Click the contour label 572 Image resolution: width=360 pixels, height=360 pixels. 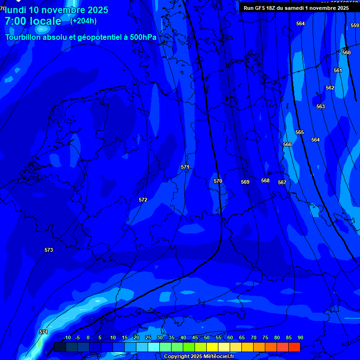click(x=143, y=200)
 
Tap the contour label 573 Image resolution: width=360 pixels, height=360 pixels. click(x=49, y=250)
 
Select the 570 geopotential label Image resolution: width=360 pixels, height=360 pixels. click(x=218, y=181)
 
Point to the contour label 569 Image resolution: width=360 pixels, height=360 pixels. click(x=245, y=182)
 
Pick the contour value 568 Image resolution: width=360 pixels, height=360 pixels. click(x=265, y=180)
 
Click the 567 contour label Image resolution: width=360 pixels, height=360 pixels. click(x=282, y=182)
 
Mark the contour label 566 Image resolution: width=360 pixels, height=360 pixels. click(x=287, y=144)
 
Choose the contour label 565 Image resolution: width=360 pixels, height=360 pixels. click(x=300, y=132)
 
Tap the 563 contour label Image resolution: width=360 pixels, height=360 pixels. click(x=320, y=106)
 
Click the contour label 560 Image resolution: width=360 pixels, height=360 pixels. click(x=346, y=52)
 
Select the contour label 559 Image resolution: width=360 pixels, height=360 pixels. click(x=355, y=25)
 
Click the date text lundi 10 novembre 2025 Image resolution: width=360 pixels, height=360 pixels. click(x=56, y=10)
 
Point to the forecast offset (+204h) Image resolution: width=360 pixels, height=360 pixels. click(x=83, y=21)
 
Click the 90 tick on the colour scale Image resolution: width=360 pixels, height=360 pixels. click(x=300, y=337)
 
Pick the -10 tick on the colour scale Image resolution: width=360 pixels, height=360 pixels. click(x=67, y=337)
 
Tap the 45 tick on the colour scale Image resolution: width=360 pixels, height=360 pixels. click(x=195, y=337)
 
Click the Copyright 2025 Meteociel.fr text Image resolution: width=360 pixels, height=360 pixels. click(x=199, y=356)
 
